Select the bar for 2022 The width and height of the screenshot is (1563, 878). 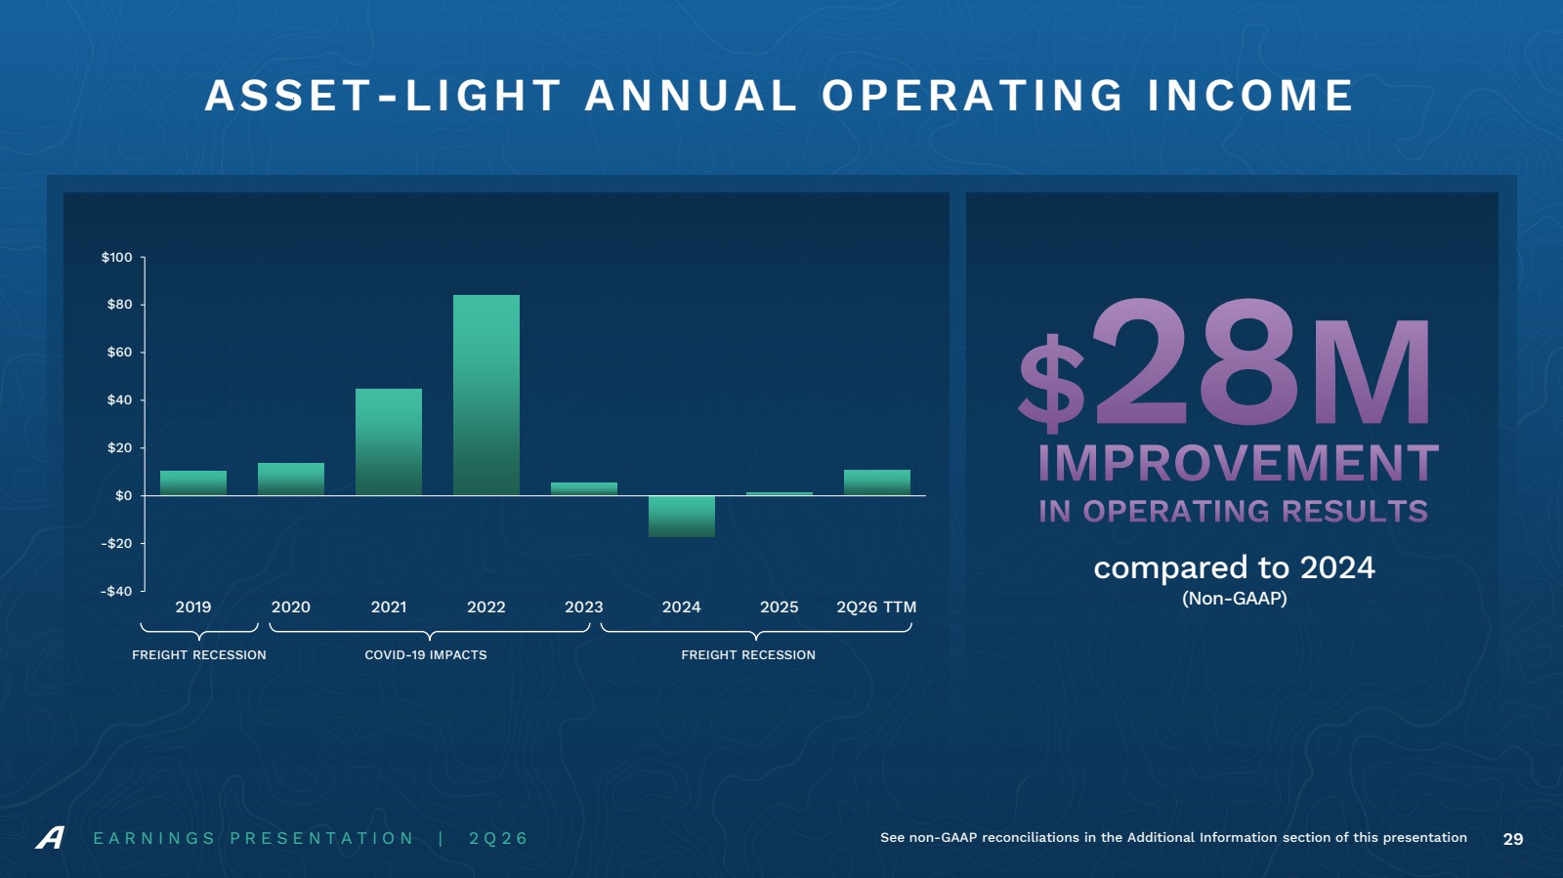coord(486,395)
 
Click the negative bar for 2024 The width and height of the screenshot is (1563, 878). coord(682,516)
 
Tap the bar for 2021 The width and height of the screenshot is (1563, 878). coord(389,442)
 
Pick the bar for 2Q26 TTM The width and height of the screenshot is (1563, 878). coord(877,482)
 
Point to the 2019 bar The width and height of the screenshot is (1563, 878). coord(193,483)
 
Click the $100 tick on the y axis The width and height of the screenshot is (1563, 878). coord(116,257)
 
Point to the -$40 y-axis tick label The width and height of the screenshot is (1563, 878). coord(116,592)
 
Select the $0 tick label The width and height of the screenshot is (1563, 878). coord(123,496)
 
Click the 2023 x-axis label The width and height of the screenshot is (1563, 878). coord(584,606)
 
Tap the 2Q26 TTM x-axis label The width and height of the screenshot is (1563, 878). coord(876,606)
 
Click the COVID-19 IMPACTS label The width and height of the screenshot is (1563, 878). coord(426,655)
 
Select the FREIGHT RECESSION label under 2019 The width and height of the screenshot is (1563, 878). coord(199,655)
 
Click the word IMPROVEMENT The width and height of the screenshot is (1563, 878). coord(1238,463)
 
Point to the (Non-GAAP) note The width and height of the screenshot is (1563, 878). coord(1235,599)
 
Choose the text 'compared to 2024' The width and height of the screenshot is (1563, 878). coord(1234,567)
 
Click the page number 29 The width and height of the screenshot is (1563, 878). coord(1513,839)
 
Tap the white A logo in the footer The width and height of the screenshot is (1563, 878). coord(50,838)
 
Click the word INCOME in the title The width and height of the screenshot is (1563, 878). coord(1250,96)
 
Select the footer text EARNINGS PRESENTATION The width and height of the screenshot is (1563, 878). coord(254,838)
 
